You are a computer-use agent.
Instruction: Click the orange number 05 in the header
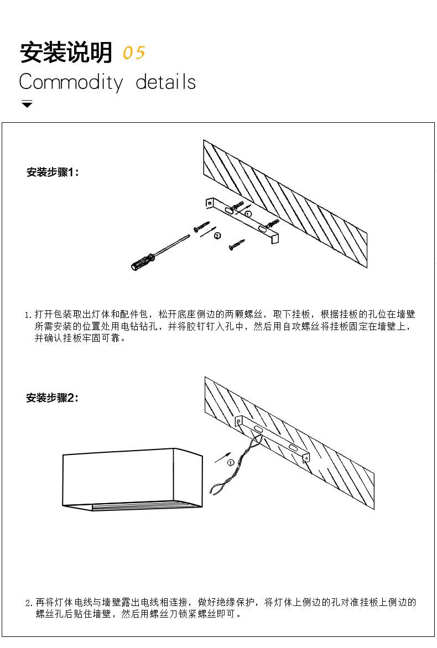[133, 53]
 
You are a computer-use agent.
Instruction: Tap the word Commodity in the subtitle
[71, 82]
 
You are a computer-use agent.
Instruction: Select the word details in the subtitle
[165, 82]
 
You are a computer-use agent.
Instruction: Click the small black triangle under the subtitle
[27, 104]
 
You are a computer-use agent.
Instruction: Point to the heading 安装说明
[66, 53]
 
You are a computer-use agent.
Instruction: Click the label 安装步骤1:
[53, 173]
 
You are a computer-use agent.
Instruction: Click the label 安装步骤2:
[53, 398]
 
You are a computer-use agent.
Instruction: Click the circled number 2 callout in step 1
[217, 236]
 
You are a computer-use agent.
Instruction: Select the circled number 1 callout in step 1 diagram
[248, 213]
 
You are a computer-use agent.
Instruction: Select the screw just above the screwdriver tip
[202, 226]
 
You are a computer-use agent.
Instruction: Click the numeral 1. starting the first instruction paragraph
[29, 315]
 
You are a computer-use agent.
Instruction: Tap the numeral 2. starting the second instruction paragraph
[29, 603]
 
